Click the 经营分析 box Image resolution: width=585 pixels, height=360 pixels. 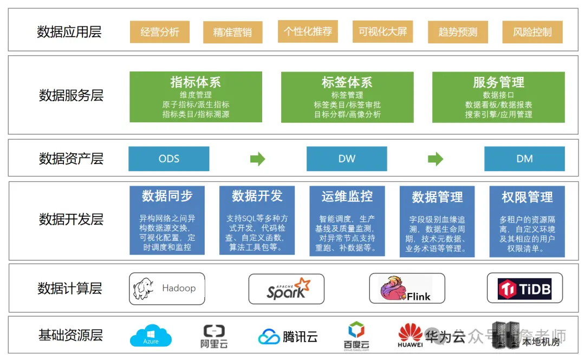[160, 32]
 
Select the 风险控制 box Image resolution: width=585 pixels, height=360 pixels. [532, 32]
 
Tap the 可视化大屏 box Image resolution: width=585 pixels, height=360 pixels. [383, 31]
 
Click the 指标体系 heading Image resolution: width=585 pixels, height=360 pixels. [196, 82]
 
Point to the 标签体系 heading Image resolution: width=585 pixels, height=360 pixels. [347, 82]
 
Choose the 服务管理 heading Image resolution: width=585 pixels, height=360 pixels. [498, 82]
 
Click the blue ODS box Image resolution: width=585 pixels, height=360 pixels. [168, 159]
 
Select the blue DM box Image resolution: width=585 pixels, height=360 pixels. [524, 159]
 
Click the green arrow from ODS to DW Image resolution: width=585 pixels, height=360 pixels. [258, 159]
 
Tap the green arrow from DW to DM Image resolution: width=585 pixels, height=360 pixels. [435, 159]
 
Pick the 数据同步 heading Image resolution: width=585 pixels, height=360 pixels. [167, 195]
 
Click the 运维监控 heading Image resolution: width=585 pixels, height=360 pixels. [347, 196]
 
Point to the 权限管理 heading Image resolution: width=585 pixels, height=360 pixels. [527, 197]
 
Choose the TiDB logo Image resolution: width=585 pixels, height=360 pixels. [524, 289]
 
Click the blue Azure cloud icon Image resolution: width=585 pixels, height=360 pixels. [151, 336]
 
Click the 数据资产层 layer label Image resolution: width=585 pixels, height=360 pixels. [71, 159]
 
